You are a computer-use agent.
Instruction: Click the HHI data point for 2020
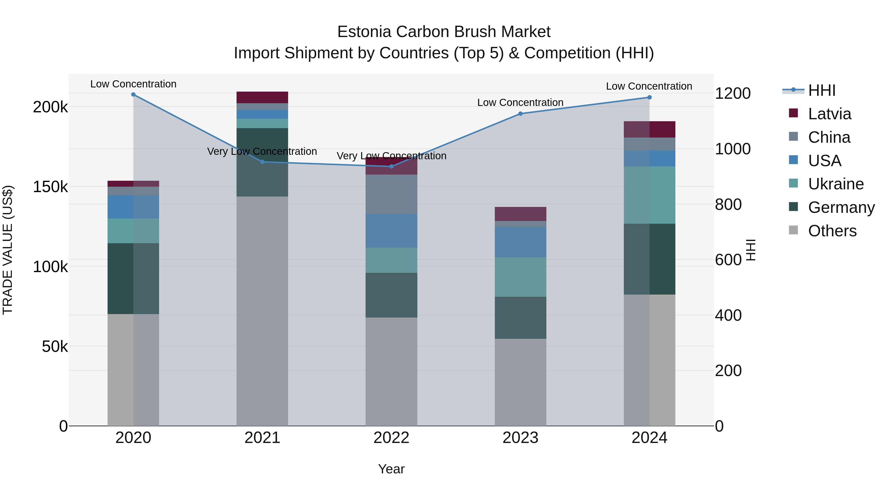pyautogui.click(x=133, y=95)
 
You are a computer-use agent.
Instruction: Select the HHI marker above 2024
pyautogui.click(x=649, y=97)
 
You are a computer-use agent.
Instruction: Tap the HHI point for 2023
pyautogui.click(x=520, y=114)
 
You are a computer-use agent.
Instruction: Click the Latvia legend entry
pyautogui.click(x=829, y=114)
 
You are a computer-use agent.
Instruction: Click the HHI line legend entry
pyautogui.click(x=821, y=90)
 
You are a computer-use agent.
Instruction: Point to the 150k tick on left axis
pyautogui.click(x=50, y=187)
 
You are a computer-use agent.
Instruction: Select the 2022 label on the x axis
pyautogui.click(x=391, y=438)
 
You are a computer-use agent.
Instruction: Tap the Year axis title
pyautogui.click(x=391, y=469)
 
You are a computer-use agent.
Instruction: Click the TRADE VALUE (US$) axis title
pyautogui.click(x=8, y=250)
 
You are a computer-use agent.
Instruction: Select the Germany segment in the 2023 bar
pyautogui.click(x=520, y=318)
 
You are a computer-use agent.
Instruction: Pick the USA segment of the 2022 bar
pyautogui.click(x=391, y=231)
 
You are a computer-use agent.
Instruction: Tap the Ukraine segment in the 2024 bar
pyautogui.click(x=649, y=195)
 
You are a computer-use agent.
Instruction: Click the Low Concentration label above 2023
pyautogui.click(x=520, y=102)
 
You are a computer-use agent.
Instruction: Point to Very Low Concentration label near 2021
pyautogui.click(x=262, y=152)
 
